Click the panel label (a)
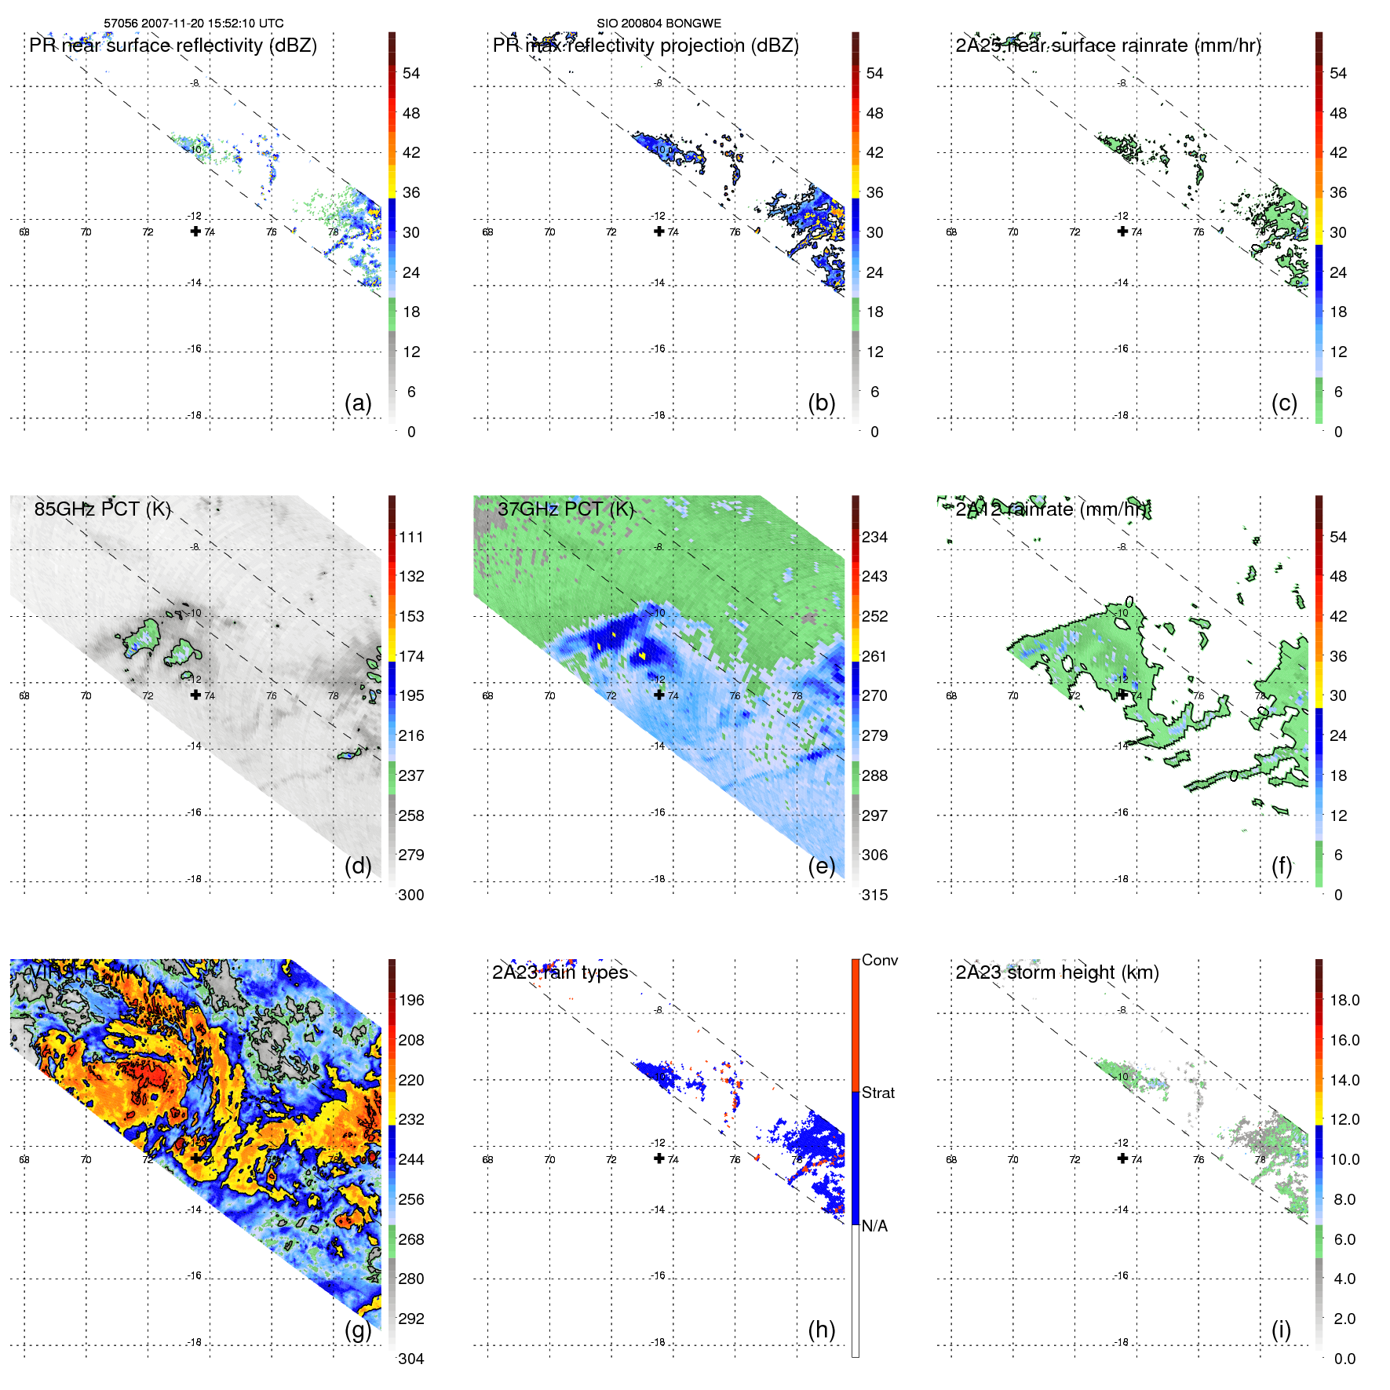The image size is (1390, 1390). click(x=358, y=403)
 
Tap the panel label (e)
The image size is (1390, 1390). click(x=822, y=866)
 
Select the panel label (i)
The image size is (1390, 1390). click(x=1281, y=1330)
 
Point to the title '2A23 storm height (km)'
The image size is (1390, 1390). click(x=1057, y=972)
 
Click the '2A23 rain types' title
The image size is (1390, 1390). click(x=560, y=972)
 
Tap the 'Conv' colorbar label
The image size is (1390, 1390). click(x=880, y=960)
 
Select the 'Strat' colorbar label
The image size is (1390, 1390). click(x=878, y=1093)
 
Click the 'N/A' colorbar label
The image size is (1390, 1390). click(x=874, y=1226)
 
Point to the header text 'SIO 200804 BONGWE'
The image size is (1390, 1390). click(x=659, y=24)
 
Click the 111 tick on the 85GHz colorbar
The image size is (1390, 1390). click(x=411, y=537)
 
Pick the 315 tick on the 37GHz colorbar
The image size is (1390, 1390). click(x=874, y=895)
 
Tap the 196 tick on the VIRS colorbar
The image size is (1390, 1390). click(x=411, y=1000)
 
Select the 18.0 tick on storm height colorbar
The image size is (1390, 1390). click(x=1344, y=1000)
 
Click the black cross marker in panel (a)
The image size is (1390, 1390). click(x=195, y=231)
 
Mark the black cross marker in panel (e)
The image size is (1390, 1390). click(x=659, y=695)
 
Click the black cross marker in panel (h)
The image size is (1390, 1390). click(x=659, y=1158)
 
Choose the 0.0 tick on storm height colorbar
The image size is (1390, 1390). click(x=1344, y=1359)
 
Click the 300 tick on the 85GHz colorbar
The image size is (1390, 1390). click(x=411, y=895)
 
